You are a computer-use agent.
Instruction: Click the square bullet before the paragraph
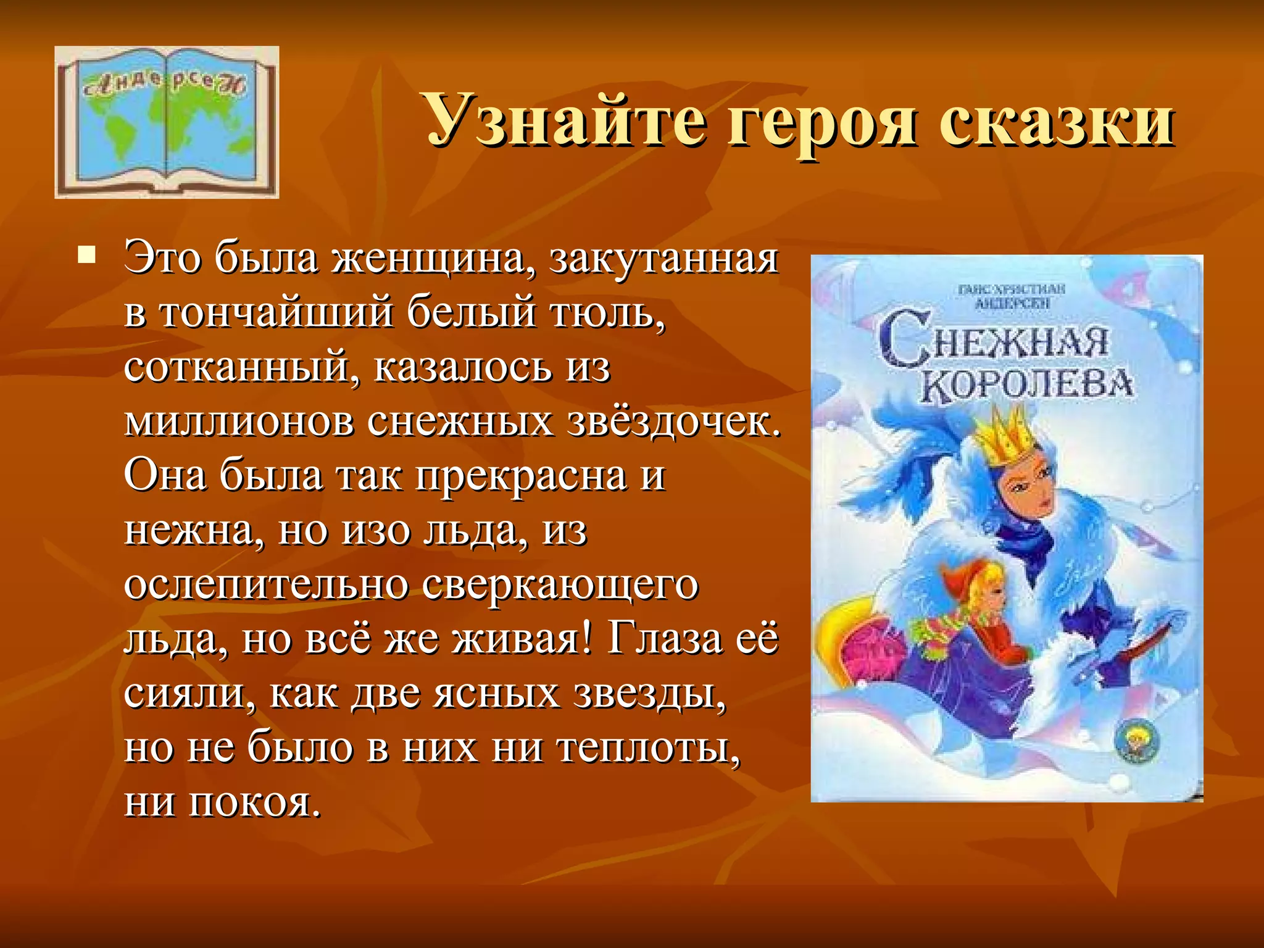pyautogui.click(x=86, y=254)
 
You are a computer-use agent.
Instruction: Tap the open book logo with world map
pyautogui.click(x=167, y=122)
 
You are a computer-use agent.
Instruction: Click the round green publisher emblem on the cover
pyautogui.click(x=1136, y=741)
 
